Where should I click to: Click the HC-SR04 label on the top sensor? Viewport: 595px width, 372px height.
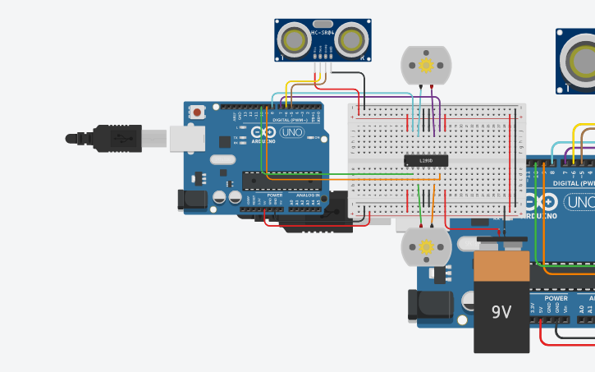tap(323, 34)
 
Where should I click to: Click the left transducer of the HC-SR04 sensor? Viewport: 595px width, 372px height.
tap(293, 39)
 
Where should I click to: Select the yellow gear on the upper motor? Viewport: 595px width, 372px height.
tap(425, 65)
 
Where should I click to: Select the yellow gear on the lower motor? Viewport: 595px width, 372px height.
tap(425, 247)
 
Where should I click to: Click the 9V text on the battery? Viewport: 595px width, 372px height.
tap(501, 312)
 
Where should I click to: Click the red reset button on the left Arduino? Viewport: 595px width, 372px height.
tap(198, 112)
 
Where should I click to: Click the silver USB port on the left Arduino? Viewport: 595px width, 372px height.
tap(187, 139)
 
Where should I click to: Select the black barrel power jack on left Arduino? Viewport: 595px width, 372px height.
tap(190, 199)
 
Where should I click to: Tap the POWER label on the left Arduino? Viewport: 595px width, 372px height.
tap(274, 195)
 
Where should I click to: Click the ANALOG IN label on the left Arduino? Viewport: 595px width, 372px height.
tap(308, 195)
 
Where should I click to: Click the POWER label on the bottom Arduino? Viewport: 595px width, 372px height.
tap(556, 298)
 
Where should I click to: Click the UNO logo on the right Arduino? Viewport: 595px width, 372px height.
tap(579, 203)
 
